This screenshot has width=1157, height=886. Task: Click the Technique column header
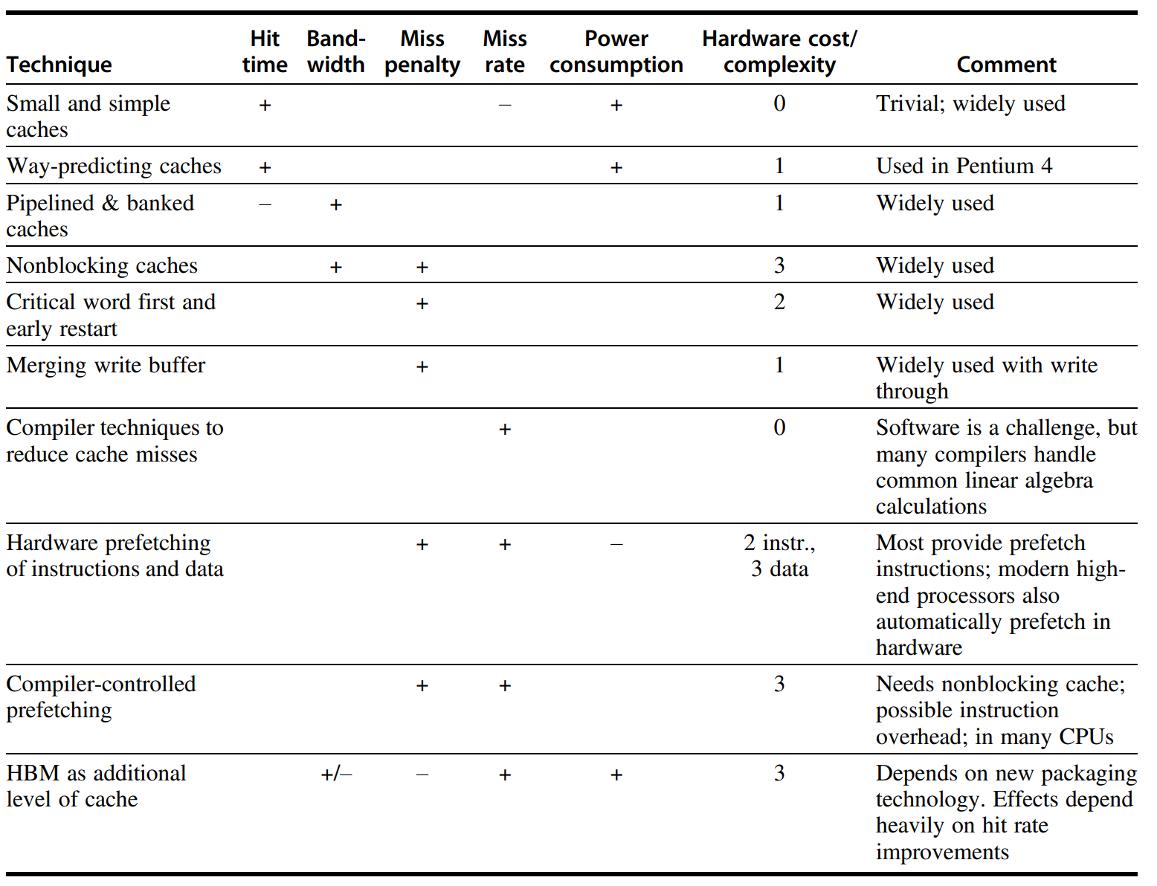coord(59,65)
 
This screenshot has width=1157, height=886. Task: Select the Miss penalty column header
coord(422,52)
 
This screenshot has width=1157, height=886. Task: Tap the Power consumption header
coord(616,52)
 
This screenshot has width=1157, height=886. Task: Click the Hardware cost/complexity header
coord(779,52)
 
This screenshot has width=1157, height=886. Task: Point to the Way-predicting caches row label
coord(114,166)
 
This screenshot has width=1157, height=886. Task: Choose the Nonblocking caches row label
coord(102,265)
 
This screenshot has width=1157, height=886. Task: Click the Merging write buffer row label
coord(106,365)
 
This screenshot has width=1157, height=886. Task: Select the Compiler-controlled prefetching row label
coord(100,696)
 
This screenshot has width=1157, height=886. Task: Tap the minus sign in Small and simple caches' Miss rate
coord(505,105)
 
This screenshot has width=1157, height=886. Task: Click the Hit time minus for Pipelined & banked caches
coord(265,204)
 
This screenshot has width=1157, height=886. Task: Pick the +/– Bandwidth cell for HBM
coord(336,775)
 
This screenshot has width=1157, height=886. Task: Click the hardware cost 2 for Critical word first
coord(779,302)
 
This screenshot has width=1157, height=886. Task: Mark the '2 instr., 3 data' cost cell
coord(779,556)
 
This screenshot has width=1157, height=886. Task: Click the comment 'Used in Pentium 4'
coord(964,166)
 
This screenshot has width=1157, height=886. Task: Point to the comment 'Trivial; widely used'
coord(970,103)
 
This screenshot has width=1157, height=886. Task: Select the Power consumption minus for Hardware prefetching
coord(616,544)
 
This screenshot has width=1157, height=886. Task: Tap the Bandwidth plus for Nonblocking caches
coord(336,267)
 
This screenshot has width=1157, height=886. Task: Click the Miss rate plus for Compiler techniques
coord(505,429)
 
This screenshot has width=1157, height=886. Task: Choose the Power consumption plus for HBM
coord(616,775)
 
